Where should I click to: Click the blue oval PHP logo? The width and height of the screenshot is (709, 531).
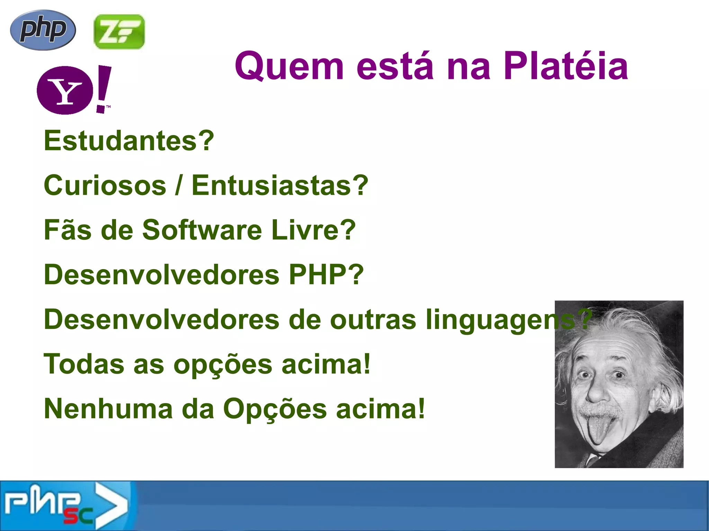click(43, 30)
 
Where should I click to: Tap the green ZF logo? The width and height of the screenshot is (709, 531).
click(119, 31)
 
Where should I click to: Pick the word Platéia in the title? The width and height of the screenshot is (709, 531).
click(566, 66)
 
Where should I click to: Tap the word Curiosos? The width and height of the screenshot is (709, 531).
click(105, 185)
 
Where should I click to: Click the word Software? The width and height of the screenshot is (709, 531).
click(202, 230)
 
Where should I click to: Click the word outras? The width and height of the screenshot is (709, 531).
click(373, 319)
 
